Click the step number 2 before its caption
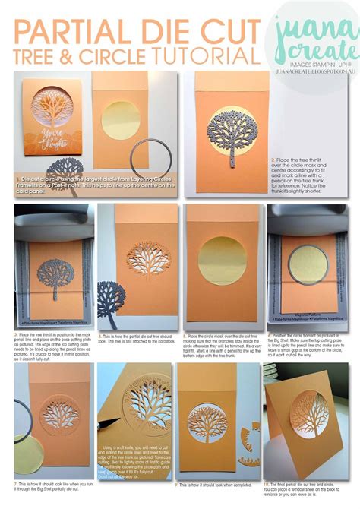click(x=271, y=160)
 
